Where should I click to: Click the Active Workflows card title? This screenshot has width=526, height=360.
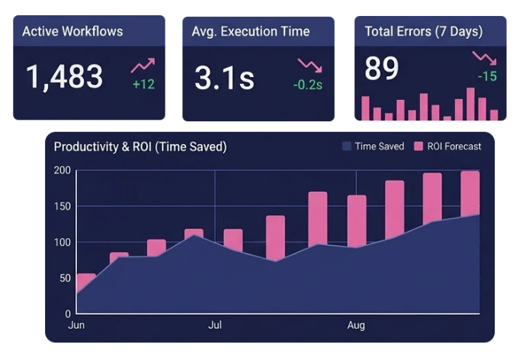tap(72, 31)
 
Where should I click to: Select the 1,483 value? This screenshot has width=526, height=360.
tap(64, 77)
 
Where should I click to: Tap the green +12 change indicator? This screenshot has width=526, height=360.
tap(144, 84)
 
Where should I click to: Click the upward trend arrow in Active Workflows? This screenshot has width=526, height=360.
tap(143, 66)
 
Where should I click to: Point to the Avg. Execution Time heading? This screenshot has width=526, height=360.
tap(251, 31)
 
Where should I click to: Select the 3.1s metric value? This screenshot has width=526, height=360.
tap(224, 78)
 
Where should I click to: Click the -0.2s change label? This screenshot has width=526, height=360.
tap(308, 85)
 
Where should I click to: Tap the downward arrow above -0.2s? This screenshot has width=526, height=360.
tap(310, 66)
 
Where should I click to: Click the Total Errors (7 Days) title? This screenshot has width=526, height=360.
tap(424, 31)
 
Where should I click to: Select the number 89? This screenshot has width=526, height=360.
tap(381, 69)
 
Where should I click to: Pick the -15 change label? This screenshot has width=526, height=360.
tap(487, 76)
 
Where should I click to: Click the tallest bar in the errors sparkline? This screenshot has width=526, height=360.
tap(470, 104)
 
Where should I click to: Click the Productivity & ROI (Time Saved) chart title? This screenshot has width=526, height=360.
tap(140, 147)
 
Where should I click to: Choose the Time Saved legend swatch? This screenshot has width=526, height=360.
tap(347, 146)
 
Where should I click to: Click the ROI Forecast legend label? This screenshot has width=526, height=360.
tap(454, 146)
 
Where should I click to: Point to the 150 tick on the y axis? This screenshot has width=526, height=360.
tap(63, 207)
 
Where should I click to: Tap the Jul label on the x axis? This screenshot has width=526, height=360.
tap(215, 325)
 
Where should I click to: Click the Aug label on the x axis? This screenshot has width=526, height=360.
tap(356, 326)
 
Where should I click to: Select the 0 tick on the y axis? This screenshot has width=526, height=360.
tap(68, 314)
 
